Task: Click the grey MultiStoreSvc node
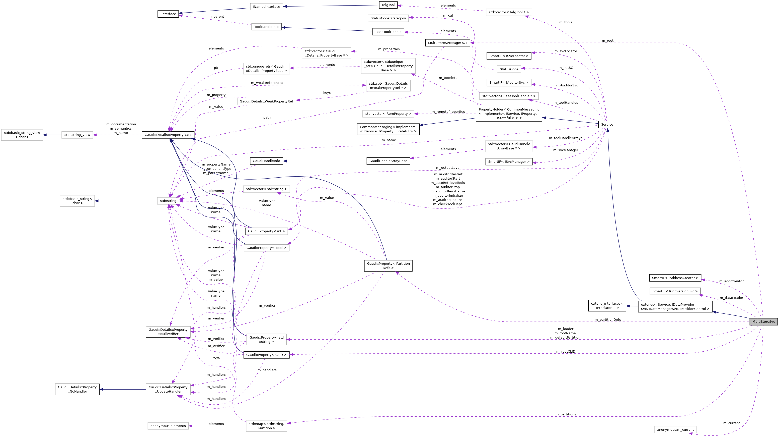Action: coord(763,322)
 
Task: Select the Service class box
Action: coord(607,125)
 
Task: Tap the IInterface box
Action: coord(168,14)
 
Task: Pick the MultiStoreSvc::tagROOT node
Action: coord(448,43)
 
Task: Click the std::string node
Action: coord(168,201)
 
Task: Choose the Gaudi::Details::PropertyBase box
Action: coord(168,135)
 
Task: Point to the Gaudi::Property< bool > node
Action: coord(266,248)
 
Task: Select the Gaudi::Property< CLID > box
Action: coord(266,355)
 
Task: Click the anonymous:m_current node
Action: coord(675,429)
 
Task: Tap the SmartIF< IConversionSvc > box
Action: coord(675,291)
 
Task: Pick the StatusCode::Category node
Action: coord(388,18)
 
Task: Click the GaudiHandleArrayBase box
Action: coord(388,161)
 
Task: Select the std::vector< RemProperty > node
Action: coord(388,114)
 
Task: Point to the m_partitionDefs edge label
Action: coord(607,319)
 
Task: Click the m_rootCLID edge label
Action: coord(566,352)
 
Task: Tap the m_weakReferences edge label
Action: coord(267,83)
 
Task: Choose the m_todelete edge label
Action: coord(448,78)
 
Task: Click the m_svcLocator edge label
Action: coord(566,51)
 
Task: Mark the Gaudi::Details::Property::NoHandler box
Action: coord(77,389)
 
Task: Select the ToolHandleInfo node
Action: coord(266,27)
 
